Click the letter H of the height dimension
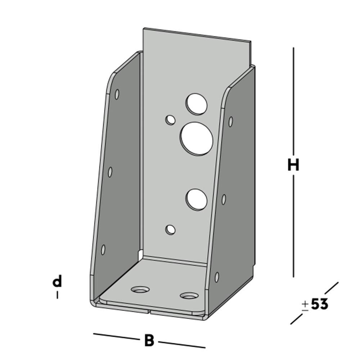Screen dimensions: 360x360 click(x=293, y=165)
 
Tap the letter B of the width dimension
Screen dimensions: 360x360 click(x=149, y=340)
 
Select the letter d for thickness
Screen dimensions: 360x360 click(x=57, y=281)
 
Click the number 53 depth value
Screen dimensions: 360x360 click(x=319, y=305)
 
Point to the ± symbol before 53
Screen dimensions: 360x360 click(x=305, y=305)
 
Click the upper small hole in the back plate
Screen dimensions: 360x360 click(x=170, y=120)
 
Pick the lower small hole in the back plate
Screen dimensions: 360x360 click(x=171, y=229)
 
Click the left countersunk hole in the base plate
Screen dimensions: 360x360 click(x=140, y=289)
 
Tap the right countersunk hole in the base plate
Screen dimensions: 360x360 click(x=189, y=296)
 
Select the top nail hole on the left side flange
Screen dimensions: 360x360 click(x=117, y=94)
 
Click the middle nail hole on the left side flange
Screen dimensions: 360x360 click(x=110, y=172)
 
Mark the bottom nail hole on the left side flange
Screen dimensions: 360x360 click(x=103, y=249)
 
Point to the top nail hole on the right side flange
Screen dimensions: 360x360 click(x=230, y=121)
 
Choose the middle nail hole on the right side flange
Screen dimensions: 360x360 click(x=224, y=199)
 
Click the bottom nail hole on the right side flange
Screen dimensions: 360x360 click(x=217, y=276)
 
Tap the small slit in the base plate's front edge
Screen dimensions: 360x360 click(x=150, y=310)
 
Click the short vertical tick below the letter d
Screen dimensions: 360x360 click(x=57, y=295)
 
